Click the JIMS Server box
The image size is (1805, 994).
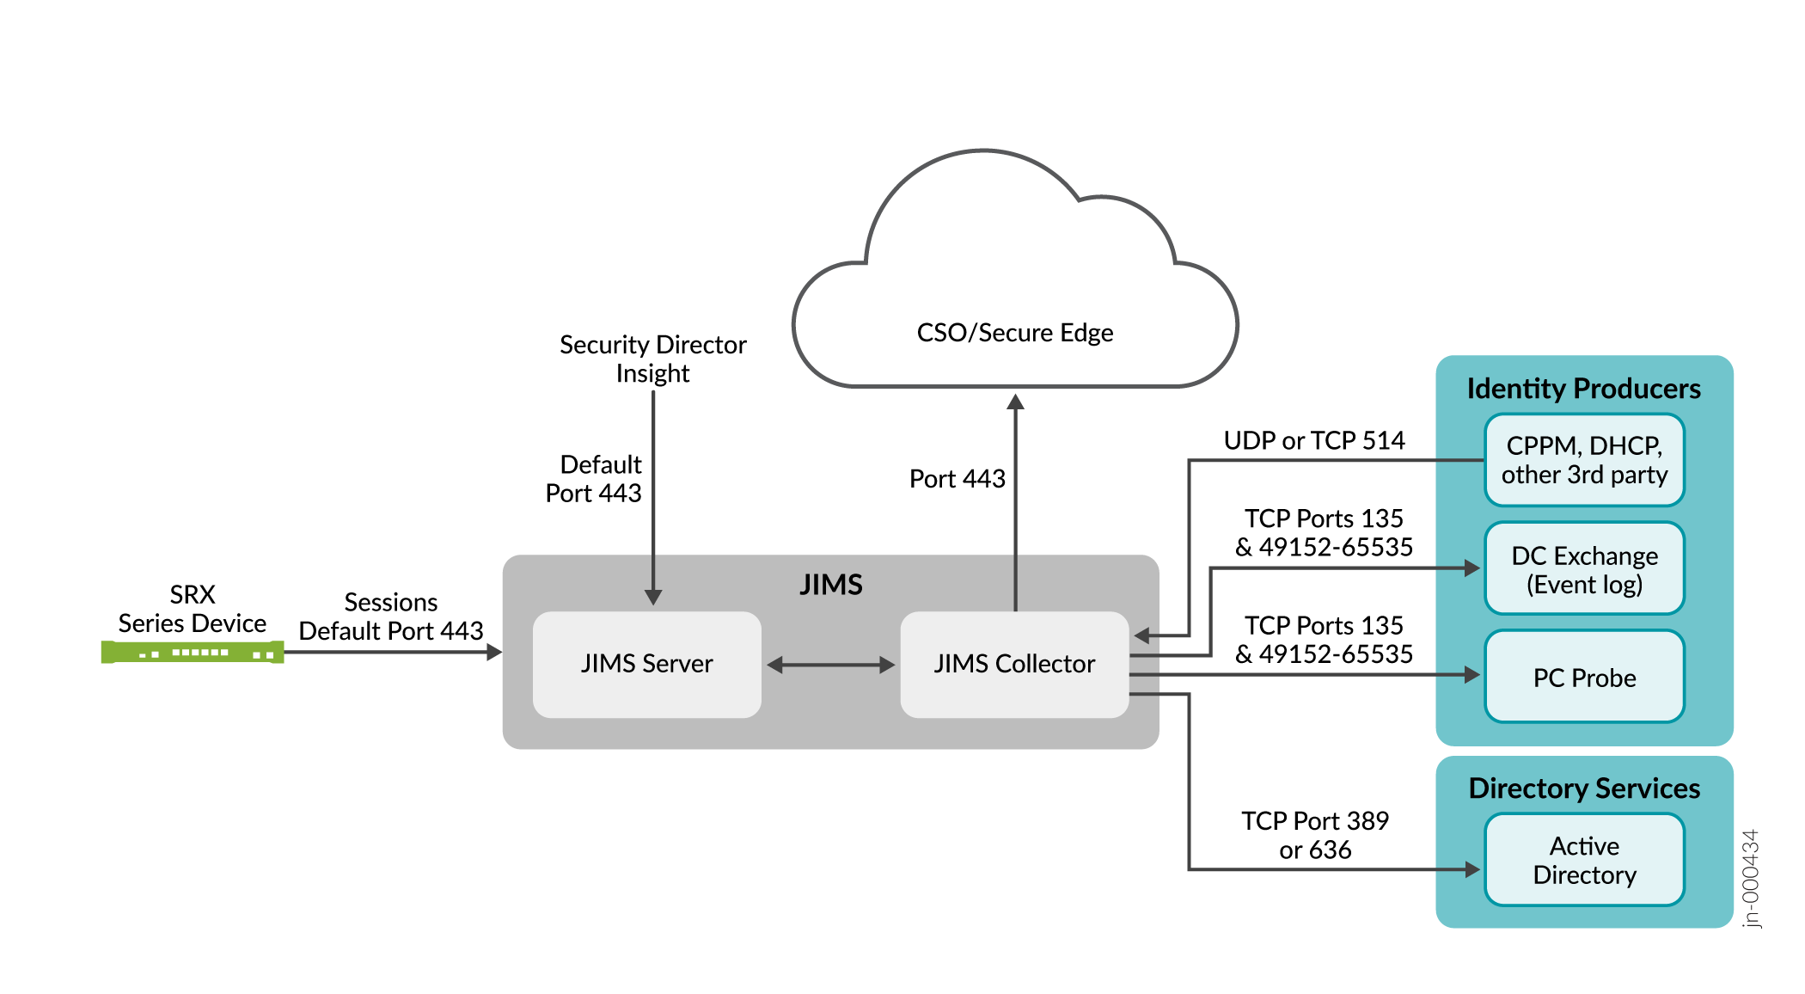[x=646, y=664]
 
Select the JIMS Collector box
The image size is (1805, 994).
[x=1014, y=664]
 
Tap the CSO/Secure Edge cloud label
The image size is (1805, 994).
[x=1014, y=333]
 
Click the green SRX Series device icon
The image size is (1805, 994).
[x=193, y=653]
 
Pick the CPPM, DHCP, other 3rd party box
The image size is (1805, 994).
[x=1584, y=460]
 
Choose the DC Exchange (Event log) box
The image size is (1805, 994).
[x=1584, y=568]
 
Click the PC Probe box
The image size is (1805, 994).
[x=1584, y=678]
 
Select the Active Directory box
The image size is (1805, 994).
[x=1584, y=860]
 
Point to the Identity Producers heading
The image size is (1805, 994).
[x=1583, y=389]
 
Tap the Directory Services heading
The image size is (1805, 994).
[x=1584, y=788]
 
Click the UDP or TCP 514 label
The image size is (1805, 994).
[x=1314, y=441]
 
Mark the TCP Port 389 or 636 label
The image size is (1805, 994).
[x=1315, y=835]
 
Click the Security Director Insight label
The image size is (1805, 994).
[x=652, y=359]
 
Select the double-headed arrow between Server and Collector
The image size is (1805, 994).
[x=830, y=665]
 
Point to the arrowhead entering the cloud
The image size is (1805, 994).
[x=1015, y=402]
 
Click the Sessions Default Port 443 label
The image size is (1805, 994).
[x=391, y=617]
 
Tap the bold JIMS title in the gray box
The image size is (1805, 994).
[x=830, y=585]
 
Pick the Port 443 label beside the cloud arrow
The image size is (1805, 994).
[x=957, y=479]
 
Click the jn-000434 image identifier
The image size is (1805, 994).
[x=1750, y=878]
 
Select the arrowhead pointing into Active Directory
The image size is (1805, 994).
[x=1472, y=869]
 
